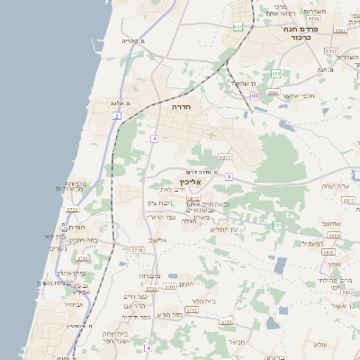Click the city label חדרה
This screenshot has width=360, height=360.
[x=182, y=106]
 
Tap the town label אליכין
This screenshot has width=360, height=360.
[x=203, y=181]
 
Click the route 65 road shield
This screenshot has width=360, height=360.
[x=255, y=94]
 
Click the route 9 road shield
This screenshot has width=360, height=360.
[x=229, y=177]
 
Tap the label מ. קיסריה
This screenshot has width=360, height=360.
[x=131, y=40]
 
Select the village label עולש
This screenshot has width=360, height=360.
[x=319, y=346]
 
